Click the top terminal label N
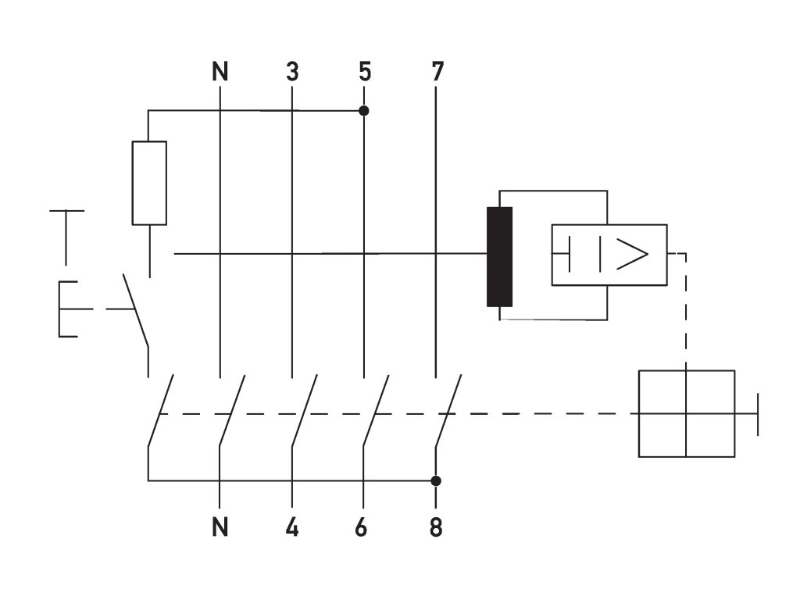pyautogui.click(x=220, y=71)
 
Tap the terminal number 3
pyautogui.click(x=292, y=71)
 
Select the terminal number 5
pyautogui.click(x=364, y=71)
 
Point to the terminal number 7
pyautogui.click(x=437, y=71)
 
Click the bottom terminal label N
pyautogui.click(x=220, y=527)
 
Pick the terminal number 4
pyautogui.click(x=292, y=527)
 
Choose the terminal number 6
pyautogui.click(x=361, y=527)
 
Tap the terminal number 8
pyautogui.click(x=436, y=527)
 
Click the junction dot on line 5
pyautogui.click(x=364, y=111)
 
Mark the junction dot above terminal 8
pyautogui.click(x=436, y=480)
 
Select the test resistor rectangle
pyautogui.click(x=149, y=183)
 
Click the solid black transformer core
pyautogui.click(x=499, y=256)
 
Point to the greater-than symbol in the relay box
pyautogui.click(x=632, y=254)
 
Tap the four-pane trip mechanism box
pyautogui.click(x=687, y=413)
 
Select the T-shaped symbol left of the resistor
pyautogui.click(x=66, y=237)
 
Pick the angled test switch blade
pyautogui.click(x=136, y=311)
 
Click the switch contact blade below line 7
pyautogui.click(x=448, y=411)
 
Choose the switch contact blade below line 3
pyautogui.click(x=305, y=411)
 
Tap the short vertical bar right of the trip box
pyautogui.click(x=758, y=414)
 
